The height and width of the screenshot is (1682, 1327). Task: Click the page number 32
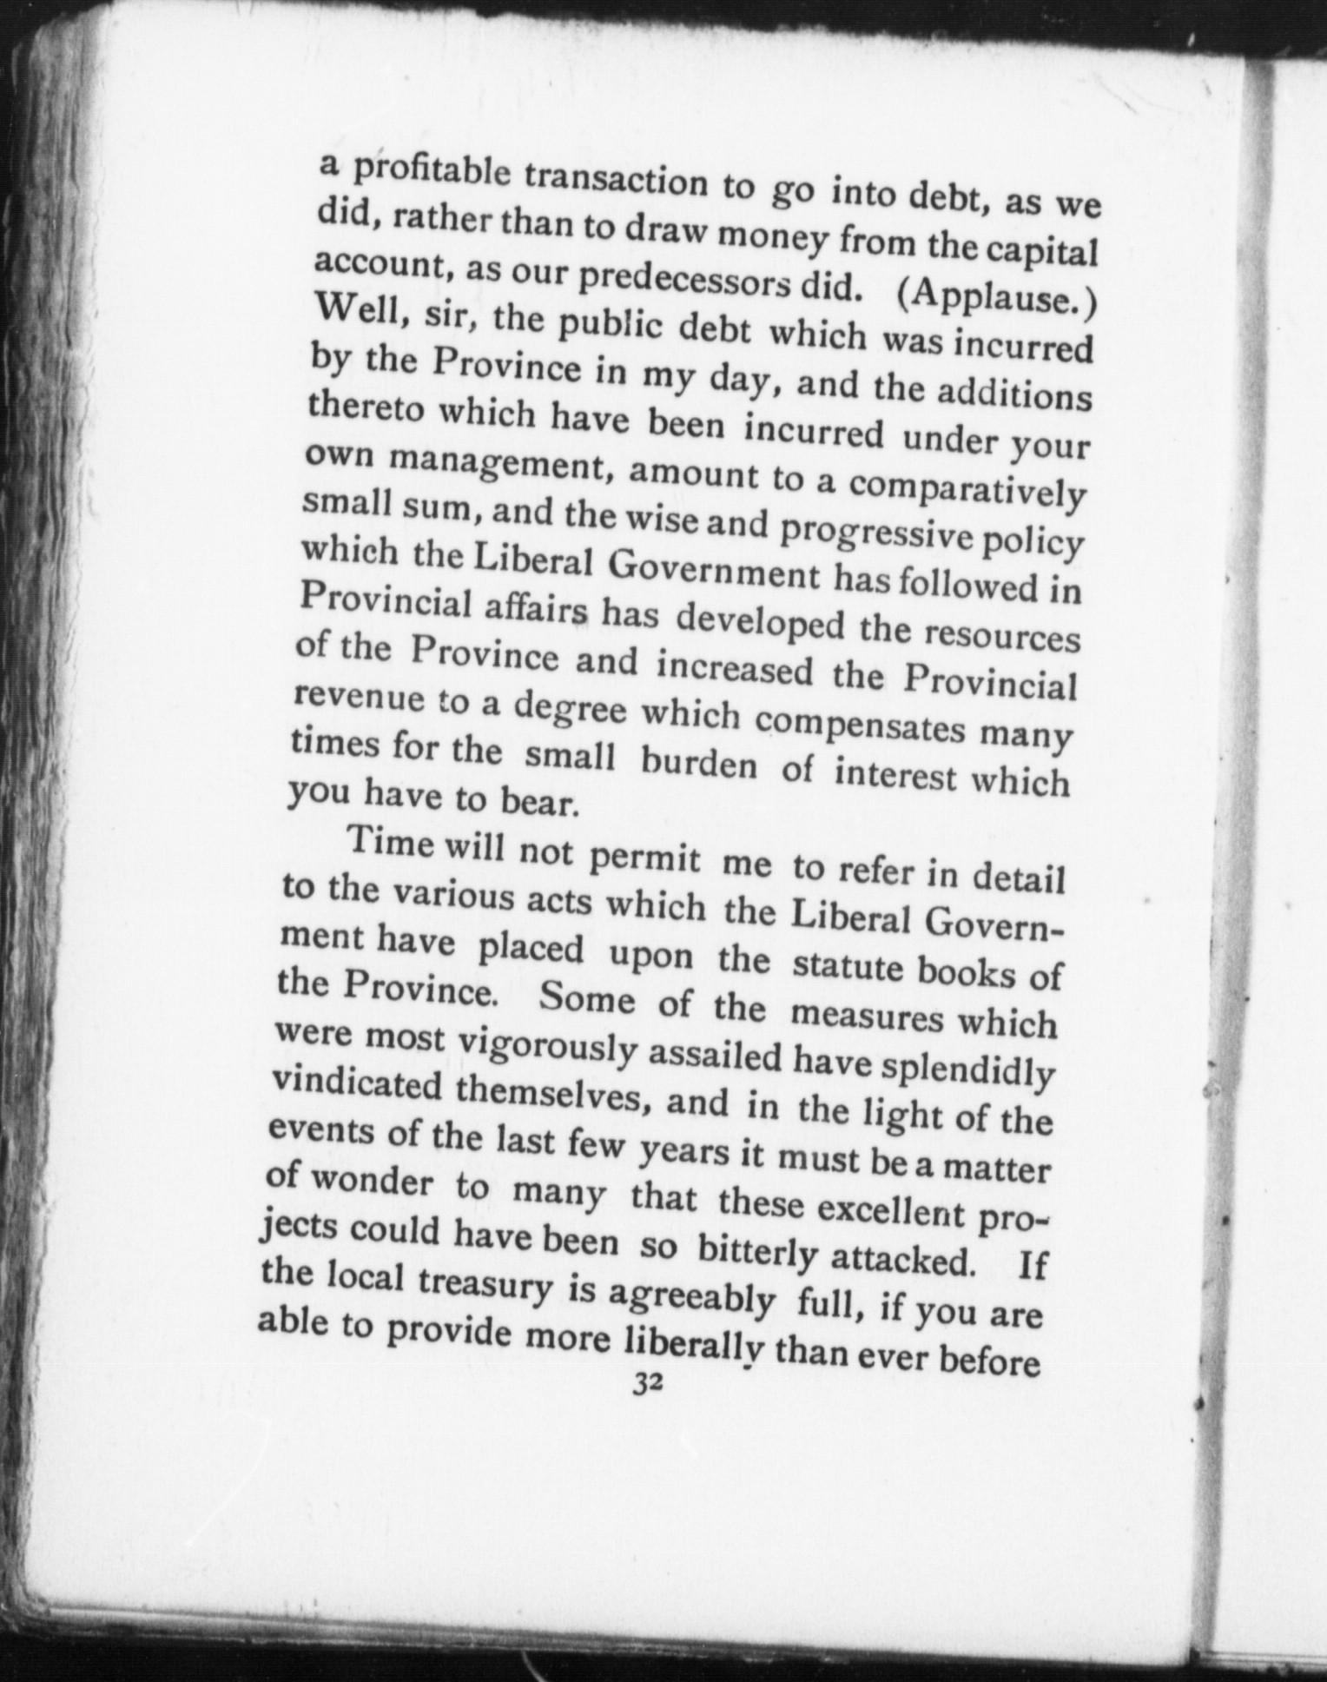(x=648, y=1382)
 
